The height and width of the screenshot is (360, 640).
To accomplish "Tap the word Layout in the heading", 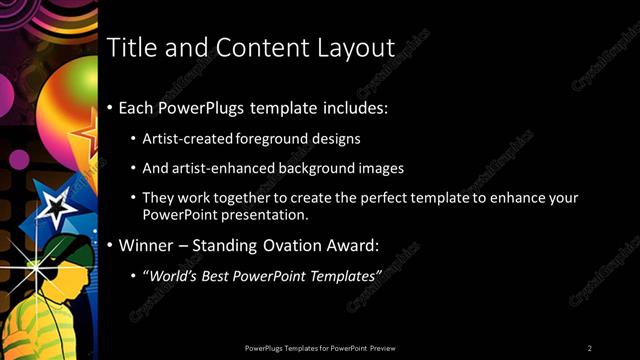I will click(355, 48).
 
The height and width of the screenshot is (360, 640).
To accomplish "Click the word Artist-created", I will click(187, 138).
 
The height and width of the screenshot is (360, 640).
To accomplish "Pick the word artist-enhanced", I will click(218, 169).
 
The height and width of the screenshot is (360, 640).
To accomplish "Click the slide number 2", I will click(590, 348).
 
